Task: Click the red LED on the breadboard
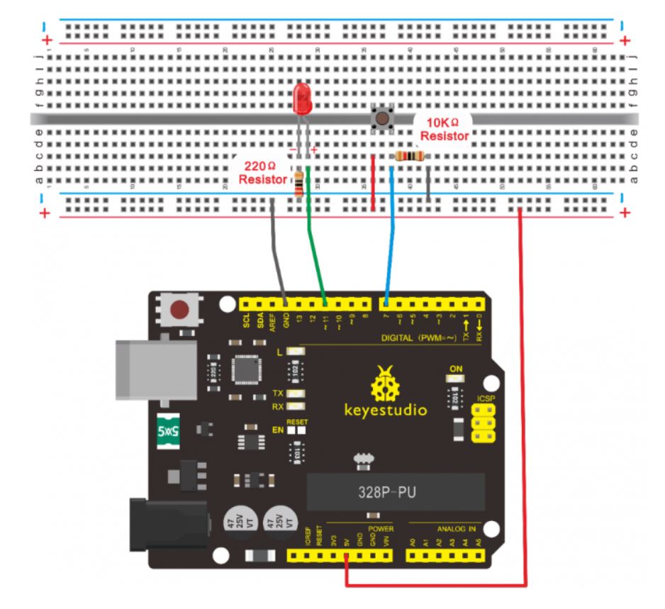(x=302, y=99)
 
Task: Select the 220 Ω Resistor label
(x=262, y=173)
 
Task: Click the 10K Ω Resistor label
(x=445, y=129)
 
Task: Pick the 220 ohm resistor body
(x=301, y=183)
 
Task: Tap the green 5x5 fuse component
(x=170, y=430)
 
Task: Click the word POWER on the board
(x=380, y=529)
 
